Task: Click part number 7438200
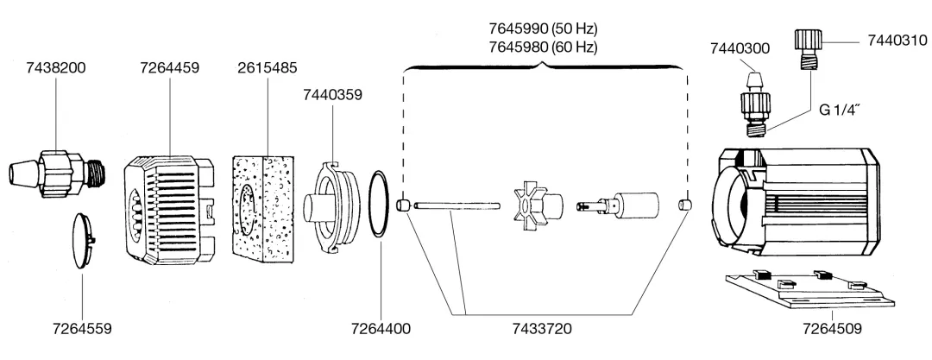[x=56, y=68]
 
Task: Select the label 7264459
[x=170, y=68]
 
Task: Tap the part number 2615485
[x=267, y=68]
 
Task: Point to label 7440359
[x=332, y=95]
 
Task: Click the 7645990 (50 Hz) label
[x=544, y=28]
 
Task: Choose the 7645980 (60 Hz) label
[x=544, y=47]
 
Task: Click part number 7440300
[x=740, y=49]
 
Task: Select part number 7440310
[x=897, y=41]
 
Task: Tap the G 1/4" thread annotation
[x=840, y=111]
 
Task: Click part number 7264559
[x=82, y=328]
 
